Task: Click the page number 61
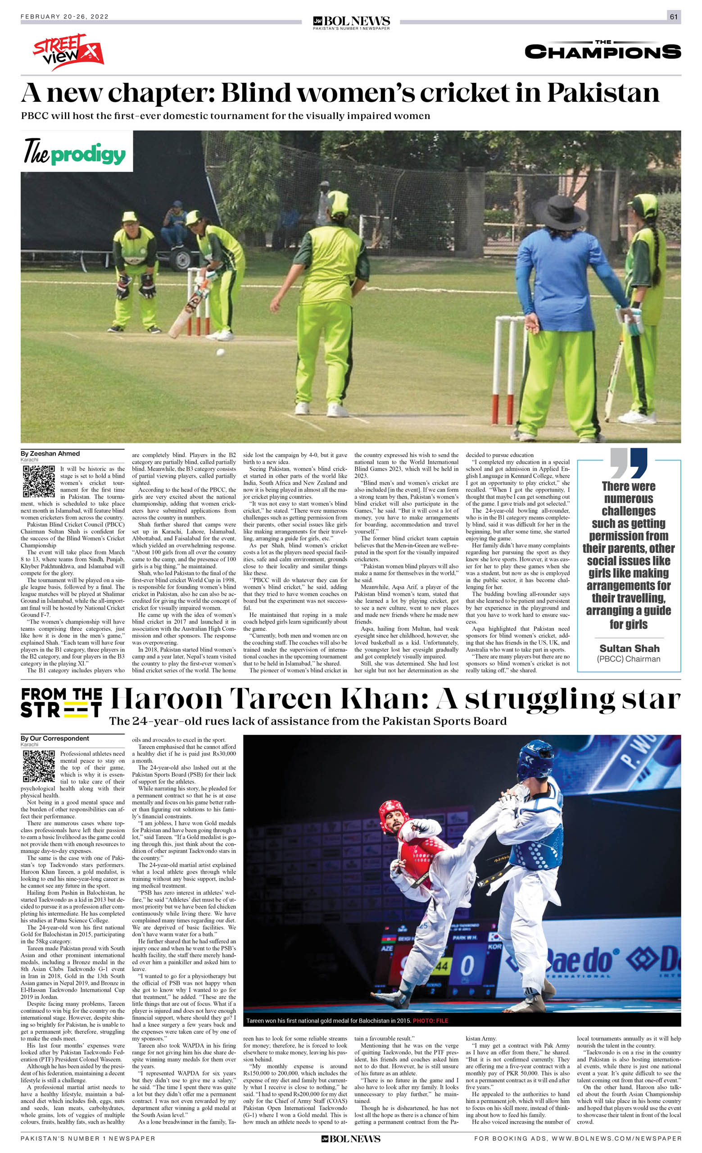(x=674, y=17)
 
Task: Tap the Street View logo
(x=68, y=51)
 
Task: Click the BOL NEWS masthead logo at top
(x=351, y=22)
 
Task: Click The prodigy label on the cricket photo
(x=75, y=153)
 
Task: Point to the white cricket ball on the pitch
(x=220, y=352)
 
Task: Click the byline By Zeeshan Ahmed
(x=50, y=453)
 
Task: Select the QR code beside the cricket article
(x=39, y=482)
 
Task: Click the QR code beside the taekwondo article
(x=39, y=766)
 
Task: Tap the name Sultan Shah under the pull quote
(x=629, y=648)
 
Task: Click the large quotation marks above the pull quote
(x=629, y=463)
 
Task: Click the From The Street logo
(x=61, y=702)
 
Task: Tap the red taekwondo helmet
(x=393, y=815)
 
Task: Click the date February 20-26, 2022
(x=64, y=17)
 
